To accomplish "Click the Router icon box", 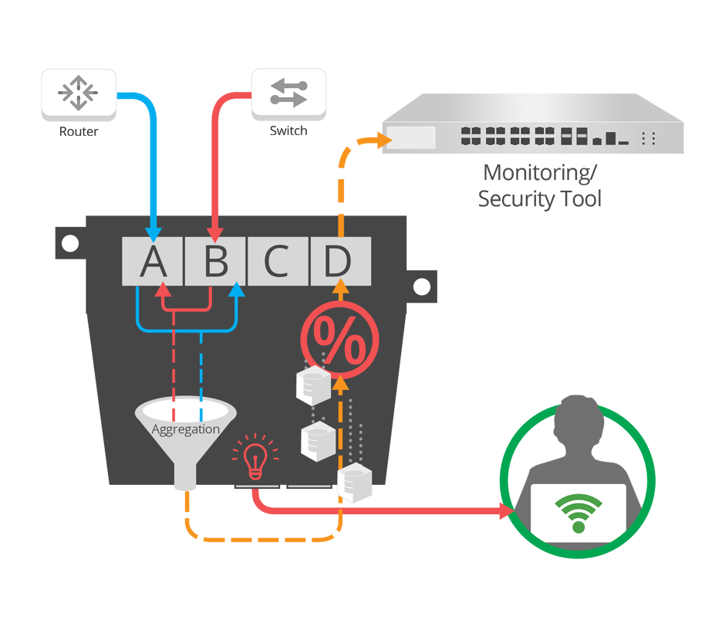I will pyautogui.click(x=79, y=94).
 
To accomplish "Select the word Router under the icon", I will pyautogui.click(x=79, y=131).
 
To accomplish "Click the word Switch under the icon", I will pyautogui.click(x=288, y=131).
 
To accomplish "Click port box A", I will pyautogui.click(x=153, y=262).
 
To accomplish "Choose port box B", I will pyautogui.click(x=215, y=262).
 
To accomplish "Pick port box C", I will pyautogui.click(x=278, y=262).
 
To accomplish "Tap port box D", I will pyautogui.click(x=339, y=262).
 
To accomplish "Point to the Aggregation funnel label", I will pyautogui.click(x=186, y=429).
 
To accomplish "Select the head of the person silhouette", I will pyautogui.click(x=578, y=421).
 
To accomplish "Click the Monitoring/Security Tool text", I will pyautogui.click(x=540, y=185).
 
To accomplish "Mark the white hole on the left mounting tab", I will pyautogui.click(x=70, y=244).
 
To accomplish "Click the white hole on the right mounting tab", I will pyautogui.click(x=421, y=287).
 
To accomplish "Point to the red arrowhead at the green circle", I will pyautogui.click(x=508, y=511).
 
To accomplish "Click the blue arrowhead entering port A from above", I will pyautogui.click(x=153, y=232).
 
